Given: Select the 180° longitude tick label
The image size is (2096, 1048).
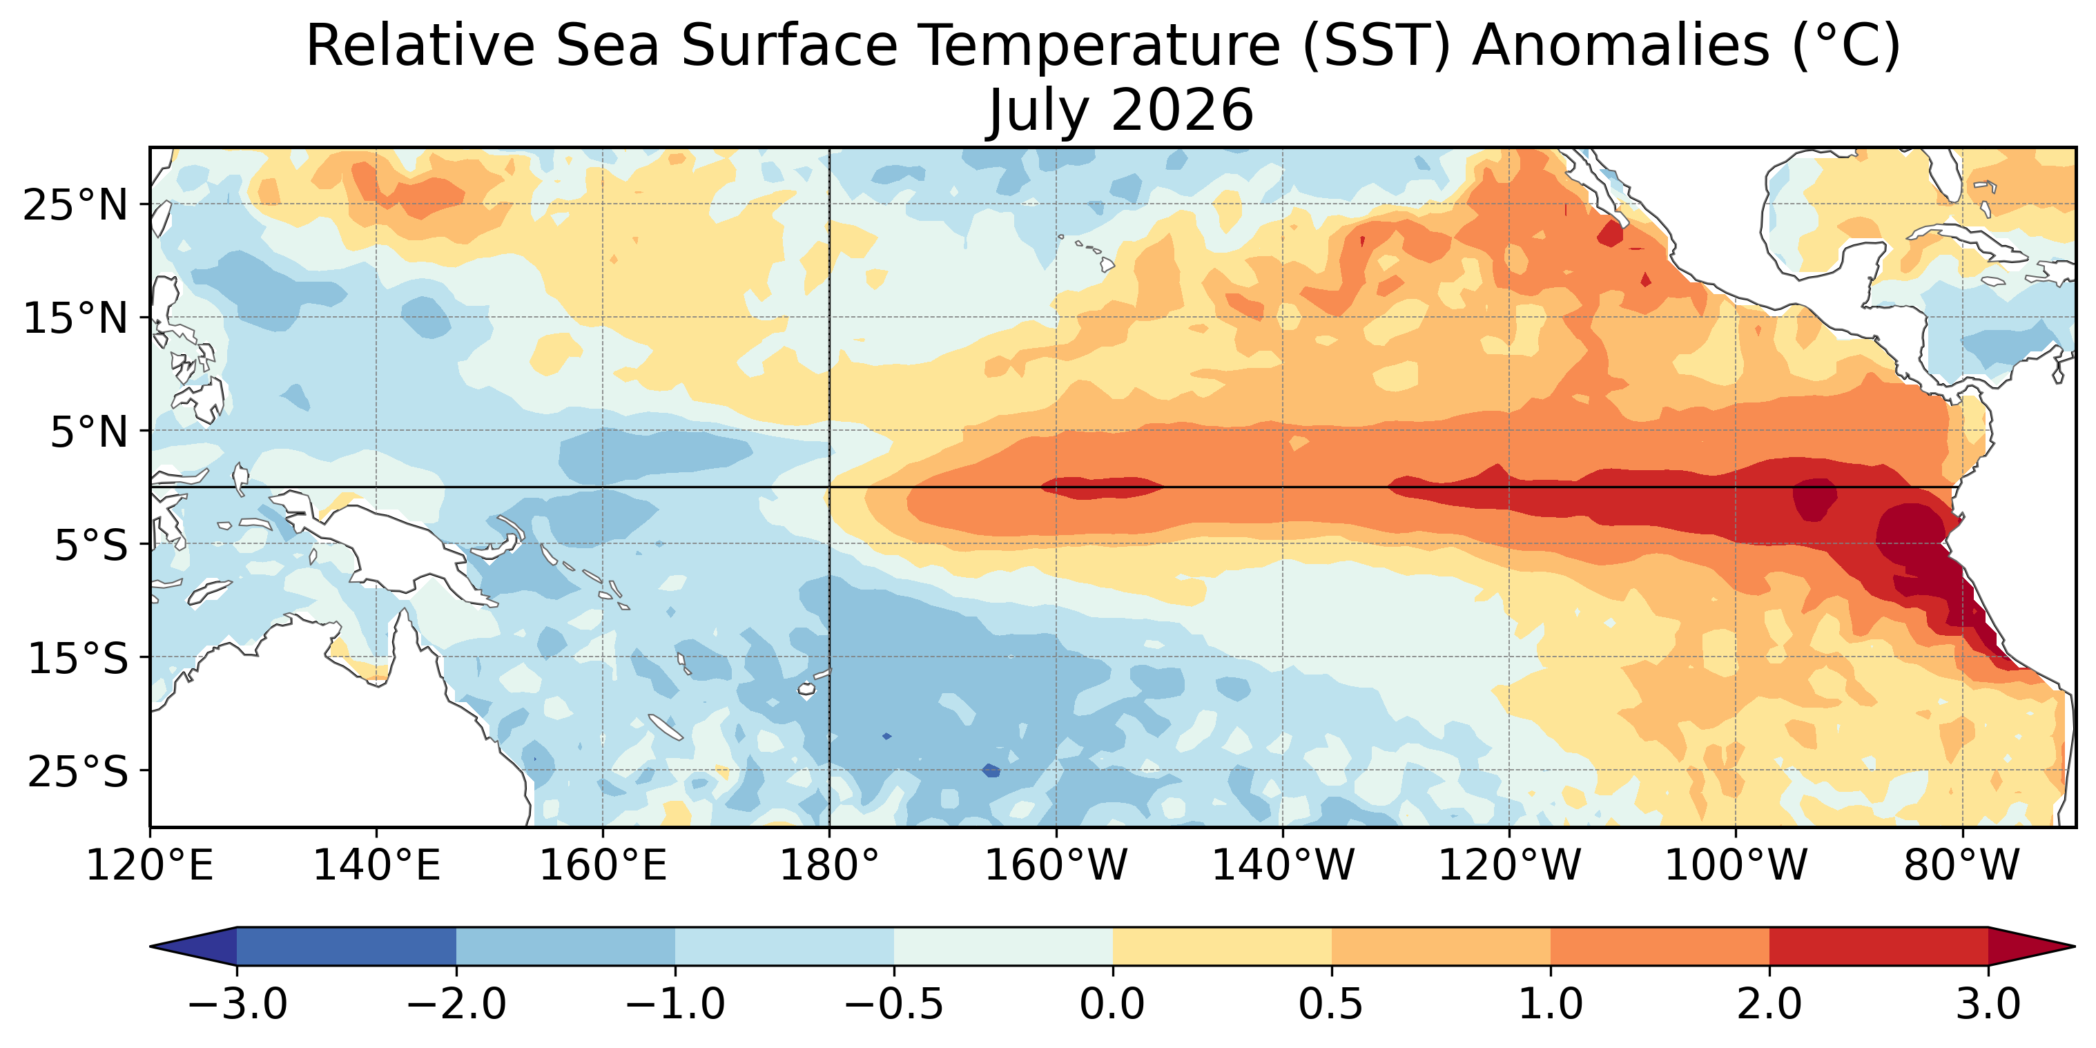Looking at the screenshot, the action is pos(829,866).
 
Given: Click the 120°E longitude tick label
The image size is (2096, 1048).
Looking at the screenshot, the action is pos(150,866).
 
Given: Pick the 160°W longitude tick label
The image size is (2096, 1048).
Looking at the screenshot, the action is pos(1056,866).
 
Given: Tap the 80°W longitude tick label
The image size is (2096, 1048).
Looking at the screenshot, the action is pos(1962,866).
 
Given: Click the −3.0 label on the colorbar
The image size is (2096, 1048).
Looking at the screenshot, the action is pos(237,1003).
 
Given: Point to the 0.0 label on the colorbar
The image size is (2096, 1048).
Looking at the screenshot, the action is pos(1112,1003).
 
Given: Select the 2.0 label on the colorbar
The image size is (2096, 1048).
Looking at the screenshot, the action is pos(1769,1003).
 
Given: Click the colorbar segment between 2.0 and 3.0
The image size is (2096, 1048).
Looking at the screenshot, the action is pos(1879,947).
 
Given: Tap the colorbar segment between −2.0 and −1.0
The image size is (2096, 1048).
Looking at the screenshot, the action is pos(565,947).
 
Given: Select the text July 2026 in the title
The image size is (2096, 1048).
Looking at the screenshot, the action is pos(1120,110).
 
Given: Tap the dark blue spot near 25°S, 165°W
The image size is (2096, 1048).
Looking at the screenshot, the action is pos(991,770).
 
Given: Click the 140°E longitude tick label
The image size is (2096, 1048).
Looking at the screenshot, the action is pos(377,866).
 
